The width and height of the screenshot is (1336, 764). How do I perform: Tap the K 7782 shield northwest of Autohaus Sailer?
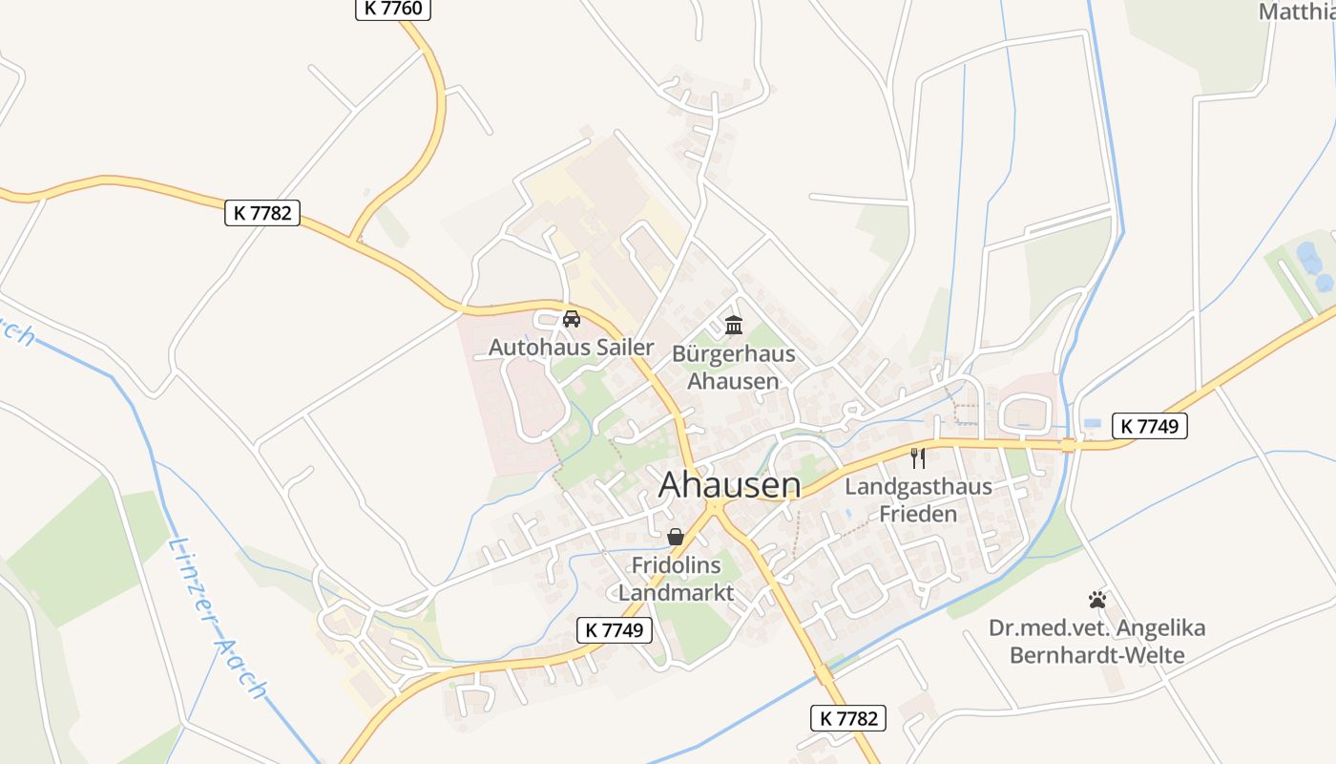point(262,213)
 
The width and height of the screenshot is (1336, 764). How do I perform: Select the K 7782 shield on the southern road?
point(848,718)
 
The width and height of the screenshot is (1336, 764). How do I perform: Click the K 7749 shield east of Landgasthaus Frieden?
point(1150,427)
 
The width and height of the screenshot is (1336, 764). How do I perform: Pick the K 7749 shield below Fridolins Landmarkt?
point(615,630)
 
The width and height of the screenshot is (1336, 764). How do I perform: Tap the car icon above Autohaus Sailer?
point(572,319)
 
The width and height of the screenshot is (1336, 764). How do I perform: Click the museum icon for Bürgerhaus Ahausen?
point(733,326)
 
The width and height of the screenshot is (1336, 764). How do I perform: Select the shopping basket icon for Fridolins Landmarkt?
point(676,537)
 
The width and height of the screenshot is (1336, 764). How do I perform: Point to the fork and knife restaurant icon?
point(918,457)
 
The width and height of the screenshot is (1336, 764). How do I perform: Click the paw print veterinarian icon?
point(1097,600)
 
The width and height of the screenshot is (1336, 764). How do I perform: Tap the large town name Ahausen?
point(730,485)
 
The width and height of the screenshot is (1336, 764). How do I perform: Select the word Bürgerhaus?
point(733,354)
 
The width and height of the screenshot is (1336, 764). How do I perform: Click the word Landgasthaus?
point(918,487)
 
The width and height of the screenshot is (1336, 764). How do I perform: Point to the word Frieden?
point(917,515)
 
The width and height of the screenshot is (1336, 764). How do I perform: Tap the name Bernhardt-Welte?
point(1096,655)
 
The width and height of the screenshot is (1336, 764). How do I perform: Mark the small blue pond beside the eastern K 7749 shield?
point(1092,423)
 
